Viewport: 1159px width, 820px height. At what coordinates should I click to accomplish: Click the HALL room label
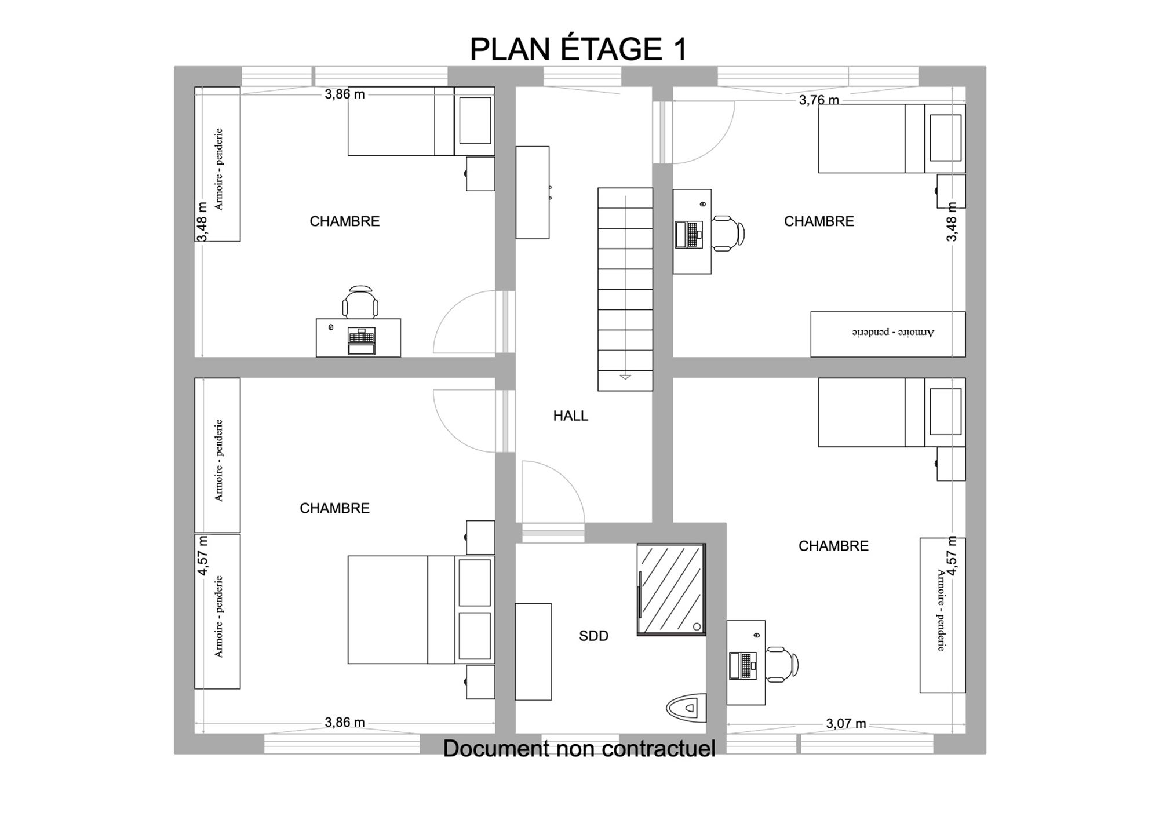click(x=570, y=416)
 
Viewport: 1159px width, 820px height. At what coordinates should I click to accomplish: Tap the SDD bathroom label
click(x=593, y=636)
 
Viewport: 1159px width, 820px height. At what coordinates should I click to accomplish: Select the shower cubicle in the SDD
click(x=671, y=589)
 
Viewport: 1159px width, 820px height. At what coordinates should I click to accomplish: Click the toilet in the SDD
click(x=686, y=707)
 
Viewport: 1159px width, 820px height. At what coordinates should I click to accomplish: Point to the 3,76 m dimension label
click(x=819, y=100)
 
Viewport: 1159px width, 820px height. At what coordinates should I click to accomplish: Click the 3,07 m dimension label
click(x=846, y=723)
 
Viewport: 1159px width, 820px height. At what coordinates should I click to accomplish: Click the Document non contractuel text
click(x=579, y=748)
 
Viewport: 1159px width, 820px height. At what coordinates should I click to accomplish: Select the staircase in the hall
click(x=625, y=289)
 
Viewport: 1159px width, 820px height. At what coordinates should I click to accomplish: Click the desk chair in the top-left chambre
click(x=360, y=302)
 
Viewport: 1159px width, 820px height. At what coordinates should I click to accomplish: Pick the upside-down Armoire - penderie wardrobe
click(x=888, y=334)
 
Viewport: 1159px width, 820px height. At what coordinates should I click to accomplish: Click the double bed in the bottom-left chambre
click(x=421, y=610)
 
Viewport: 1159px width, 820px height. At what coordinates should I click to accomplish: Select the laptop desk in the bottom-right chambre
click(x=746, y=662)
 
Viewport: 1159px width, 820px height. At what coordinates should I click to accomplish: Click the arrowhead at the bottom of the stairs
click(x=625, y=377)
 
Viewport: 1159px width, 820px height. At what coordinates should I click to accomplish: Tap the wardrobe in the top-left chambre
click(x=217, y=164)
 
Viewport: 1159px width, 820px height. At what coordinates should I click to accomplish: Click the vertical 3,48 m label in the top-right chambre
click(x=952, y=222)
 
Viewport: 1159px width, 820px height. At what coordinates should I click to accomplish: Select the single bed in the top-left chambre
click(x=421, y=121)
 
